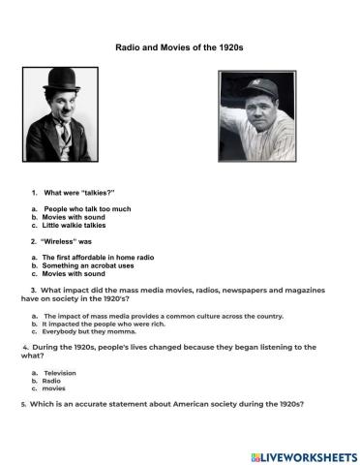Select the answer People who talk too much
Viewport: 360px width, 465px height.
pyautogui.click(x=87, y=209)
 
